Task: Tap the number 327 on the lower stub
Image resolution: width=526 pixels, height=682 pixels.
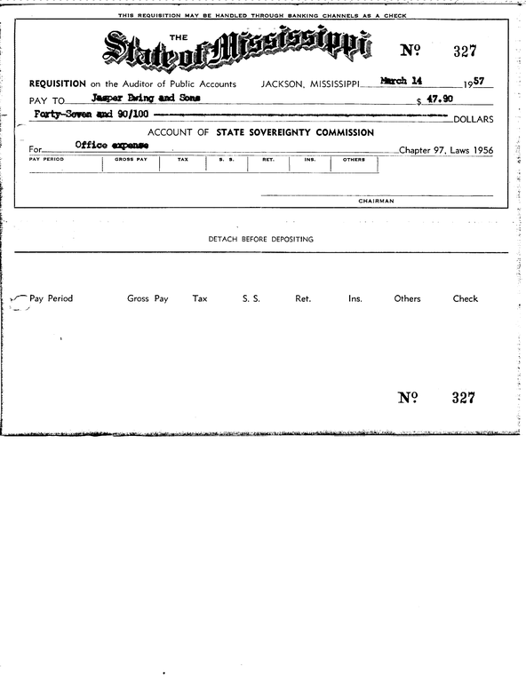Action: coord(463,398)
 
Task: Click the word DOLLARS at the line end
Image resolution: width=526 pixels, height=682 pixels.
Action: coord(473,119)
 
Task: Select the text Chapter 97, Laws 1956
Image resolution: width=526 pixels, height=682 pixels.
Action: coord(446,150)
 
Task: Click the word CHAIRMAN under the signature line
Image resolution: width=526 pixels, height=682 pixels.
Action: coord(377,202)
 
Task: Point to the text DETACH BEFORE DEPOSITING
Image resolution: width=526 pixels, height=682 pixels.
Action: coord(260,240)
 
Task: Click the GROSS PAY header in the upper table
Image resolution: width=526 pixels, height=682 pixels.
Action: coord(131,160)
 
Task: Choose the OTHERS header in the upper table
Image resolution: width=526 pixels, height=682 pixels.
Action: coord(354,160)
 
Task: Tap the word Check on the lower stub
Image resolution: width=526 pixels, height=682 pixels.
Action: coord(466,299)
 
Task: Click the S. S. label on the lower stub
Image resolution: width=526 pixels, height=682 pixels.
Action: coord(251,299)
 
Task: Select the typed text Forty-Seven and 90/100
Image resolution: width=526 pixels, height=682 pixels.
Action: coord(91,115)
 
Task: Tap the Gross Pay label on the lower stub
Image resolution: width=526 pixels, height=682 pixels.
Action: coord(147,299)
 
